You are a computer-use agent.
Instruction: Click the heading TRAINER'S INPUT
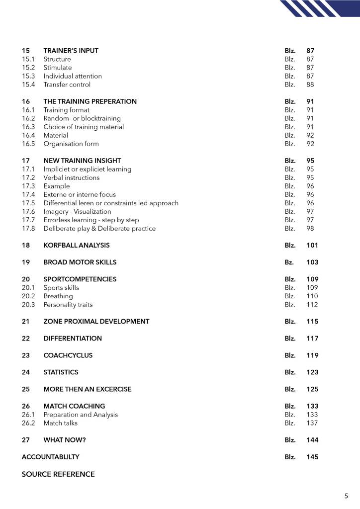(71, 51)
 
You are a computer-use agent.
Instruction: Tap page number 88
(310, 85)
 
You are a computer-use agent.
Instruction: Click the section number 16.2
(28, 118)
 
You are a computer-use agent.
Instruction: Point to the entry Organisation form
(71, 144)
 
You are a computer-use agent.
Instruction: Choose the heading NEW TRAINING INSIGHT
(82, 161)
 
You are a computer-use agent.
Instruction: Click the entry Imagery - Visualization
(77, 211)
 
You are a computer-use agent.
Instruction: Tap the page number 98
(310, 228)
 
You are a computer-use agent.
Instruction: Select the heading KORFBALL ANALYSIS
(77, 245)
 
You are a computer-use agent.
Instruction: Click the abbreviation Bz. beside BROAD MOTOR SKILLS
(289, 262)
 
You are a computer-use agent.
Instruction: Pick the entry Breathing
(58, 296)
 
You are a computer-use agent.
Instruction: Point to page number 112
(312, 304)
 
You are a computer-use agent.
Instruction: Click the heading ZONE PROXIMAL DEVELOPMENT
(96, 321)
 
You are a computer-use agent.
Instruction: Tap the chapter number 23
(26, 355)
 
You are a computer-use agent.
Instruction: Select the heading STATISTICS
(61, 372)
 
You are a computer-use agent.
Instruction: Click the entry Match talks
(60, 423)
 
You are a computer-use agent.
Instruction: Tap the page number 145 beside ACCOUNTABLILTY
(312, 457)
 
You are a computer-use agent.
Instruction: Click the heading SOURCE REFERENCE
(58, 474)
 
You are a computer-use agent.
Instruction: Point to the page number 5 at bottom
(346, 496)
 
